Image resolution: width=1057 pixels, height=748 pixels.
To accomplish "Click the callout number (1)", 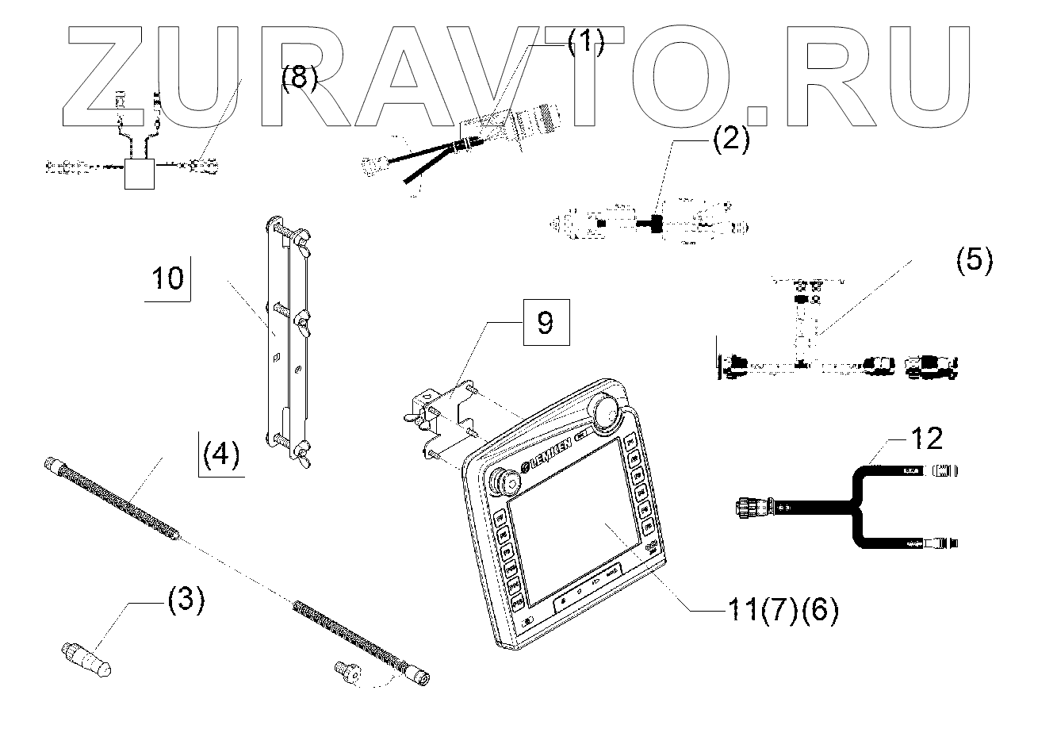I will point(584,40).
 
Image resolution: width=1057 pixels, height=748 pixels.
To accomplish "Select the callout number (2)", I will point(730,140).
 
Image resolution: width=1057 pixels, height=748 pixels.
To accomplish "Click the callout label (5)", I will point(973,261).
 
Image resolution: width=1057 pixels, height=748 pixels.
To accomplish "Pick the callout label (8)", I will point(299,79).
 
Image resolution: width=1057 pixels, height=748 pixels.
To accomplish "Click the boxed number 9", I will point(546,323).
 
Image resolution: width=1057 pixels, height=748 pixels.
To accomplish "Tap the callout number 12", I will point(926,437).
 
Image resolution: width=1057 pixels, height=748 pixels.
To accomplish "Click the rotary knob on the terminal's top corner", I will point(608,412).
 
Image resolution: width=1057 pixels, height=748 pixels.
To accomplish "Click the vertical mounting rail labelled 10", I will point(286,341).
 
